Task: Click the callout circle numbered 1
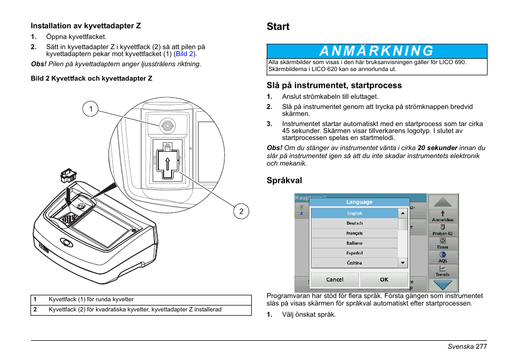pyautogui.click(x=91, y=109)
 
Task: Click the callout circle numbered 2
pyautogui.click(x=241, y=212)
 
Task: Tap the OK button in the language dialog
pyautogui.click(x=384, y=279)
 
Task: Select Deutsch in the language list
pyautogui.click(x=354, y=223)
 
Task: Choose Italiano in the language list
pyautogui.click(x=354, y=243)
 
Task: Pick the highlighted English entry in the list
pyautogui.click(x=354, y=213)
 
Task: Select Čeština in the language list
pyautogui.click(x=354, y=263)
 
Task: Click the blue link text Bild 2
pyautogui.click(x=185, y=54)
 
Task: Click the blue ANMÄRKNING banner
pyautogui.click(x=377, y=51)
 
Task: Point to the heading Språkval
pyautogui.click(x=284, y=181)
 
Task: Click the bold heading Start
pyautogui.click(x=278, y=27)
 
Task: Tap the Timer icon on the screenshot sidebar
pyautogui.click(x=443, y=243)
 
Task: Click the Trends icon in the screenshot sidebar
pyautogui.click(x=443, y=271)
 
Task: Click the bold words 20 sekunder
pyautogui.click(x=437, y=148)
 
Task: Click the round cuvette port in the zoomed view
pyautogui.click(x=167, y=126)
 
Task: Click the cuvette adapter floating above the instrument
pyautogui.click(x=68, y=175)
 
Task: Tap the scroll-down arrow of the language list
pyautogui.click(x=403, y=263)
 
